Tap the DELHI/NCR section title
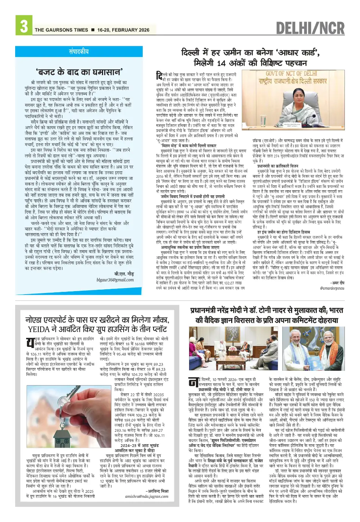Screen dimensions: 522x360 coord(310,28)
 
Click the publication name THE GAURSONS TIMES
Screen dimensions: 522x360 coord(61,30)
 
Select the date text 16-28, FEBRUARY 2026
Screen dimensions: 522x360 coord(123,30)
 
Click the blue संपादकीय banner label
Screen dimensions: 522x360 coord(79,51)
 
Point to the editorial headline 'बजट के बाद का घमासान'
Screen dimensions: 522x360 coord(79,71)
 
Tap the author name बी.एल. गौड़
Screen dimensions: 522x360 coord(124,274)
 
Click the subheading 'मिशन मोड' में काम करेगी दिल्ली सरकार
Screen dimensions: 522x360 coord(188,146)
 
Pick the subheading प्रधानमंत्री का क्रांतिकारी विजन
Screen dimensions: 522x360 coord(278,166)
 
